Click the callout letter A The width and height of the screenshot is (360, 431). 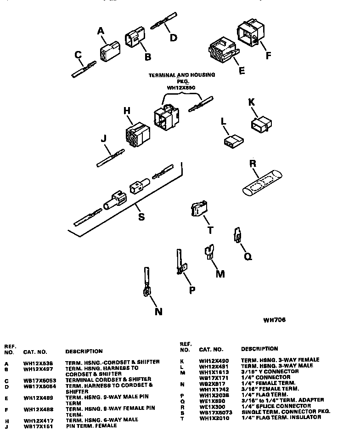pyautogui.click(x=101, y=31)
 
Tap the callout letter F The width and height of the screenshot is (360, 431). pyautogui.click(x=269, y=56)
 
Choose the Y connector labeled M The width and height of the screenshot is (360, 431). pyautogui.click(x=209, y=252)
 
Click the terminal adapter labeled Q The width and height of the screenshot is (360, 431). pyautogui.click(x=237, y=235)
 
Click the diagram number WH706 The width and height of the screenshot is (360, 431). pyautogui.click(x=274, y=320)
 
